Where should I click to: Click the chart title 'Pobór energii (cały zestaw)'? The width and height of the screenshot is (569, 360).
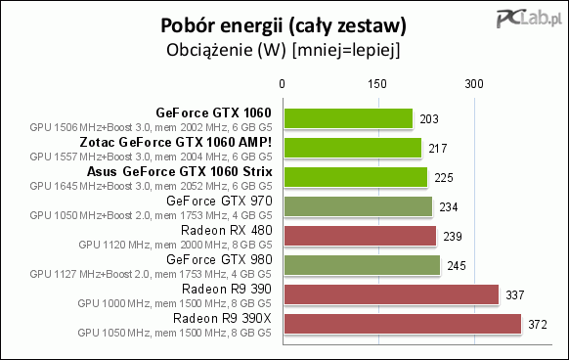pos(284,22)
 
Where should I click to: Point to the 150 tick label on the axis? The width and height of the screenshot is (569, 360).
pos(379,85)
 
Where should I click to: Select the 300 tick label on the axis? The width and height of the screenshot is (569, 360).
pos(475,85)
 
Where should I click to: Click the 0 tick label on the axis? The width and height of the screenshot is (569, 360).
pos(284,85)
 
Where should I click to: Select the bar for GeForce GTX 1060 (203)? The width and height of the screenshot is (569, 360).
pos(348,119)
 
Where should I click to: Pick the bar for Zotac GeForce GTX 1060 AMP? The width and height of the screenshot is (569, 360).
pos(353,148)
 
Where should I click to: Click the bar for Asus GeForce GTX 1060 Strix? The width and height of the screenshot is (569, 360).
pos(356,177)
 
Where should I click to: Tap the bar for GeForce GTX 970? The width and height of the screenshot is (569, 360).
pos(359,206)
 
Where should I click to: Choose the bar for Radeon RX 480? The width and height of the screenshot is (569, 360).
pos(360,236)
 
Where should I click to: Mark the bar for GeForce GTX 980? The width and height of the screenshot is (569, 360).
pos(362,265)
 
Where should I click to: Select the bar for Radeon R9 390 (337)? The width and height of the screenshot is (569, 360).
pos(391,294)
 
